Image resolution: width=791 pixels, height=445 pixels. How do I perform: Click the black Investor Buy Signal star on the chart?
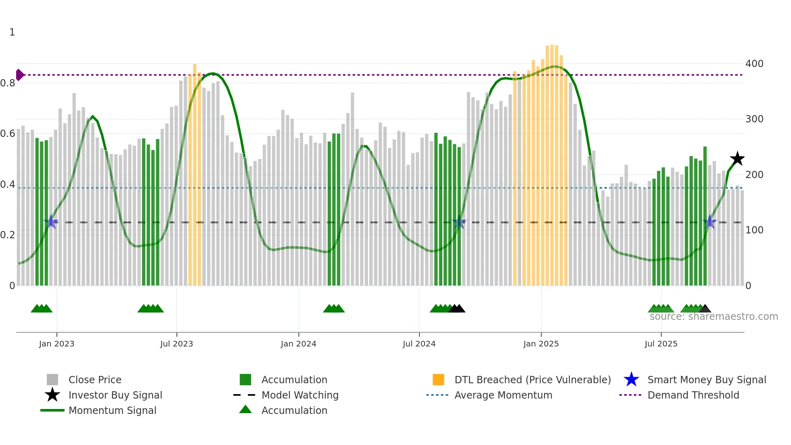pos(737,159)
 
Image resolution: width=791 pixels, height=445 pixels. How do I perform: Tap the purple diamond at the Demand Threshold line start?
pos(19,75)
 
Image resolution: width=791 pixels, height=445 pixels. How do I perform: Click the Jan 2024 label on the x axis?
pos(298,344)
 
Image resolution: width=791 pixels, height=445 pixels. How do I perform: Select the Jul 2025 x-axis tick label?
pos(661,344)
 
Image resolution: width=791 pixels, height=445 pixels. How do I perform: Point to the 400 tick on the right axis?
pos(754,64)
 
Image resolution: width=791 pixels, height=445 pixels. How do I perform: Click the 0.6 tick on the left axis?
pos(8,134)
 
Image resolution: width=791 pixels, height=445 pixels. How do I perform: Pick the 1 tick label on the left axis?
pos(12,32)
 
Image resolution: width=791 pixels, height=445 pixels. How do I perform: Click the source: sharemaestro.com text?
pos(714,317)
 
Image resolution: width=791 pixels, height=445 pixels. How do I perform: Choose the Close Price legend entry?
pos(95,380)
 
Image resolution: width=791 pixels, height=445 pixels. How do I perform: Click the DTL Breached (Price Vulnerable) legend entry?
pos(532,380)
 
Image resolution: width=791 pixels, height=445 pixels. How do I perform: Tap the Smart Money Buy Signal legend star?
pos(631,380)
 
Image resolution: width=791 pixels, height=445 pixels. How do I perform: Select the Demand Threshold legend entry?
pos(693,395)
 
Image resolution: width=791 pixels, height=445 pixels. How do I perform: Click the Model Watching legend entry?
pos(299,395)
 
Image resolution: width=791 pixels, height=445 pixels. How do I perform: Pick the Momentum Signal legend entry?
pos(112,410)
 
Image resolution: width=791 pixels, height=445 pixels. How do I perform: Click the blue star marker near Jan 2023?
pos(52,222)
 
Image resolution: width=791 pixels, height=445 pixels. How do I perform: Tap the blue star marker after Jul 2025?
pos(710,222)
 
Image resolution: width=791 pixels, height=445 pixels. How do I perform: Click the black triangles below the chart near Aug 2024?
pos(457,309)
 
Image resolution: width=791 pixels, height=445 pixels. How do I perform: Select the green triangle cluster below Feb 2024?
pos(334,309)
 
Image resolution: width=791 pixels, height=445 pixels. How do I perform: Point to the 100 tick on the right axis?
pos(754,230)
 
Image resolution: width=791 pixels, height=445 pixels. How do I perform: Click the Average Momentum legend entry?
pos(503,395)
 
